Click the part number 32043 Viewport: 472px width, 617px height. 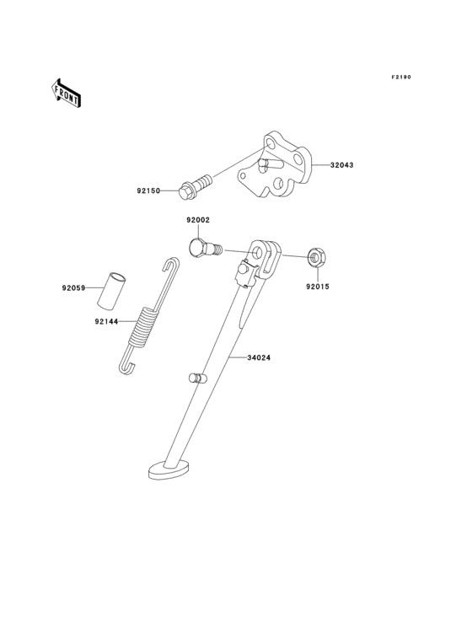pyautogui.click(x=341, y=165)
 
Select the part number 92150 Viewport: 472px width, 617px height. pyautogui.click(x=148, y=190)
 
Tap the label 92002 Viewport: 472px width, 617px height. pyautogui.click(x=198, y=220)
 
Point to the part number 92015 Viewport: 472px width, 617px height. pyautogui.click(x=318, y=287)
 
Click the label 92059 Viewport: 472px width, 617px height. pyautogui.click(x=73, y=288)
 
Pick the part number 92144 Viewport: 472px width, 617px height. pyautogui.click(x=106, y=321)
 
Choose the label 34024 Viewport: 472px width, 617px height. pyautogui.click(x=259, y=358)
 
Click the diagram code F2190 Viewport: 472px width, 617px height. pyautogui.click(x=401, y=78)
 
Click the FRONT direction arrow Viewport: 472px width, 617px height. pyautogui.click(x=66, y=93)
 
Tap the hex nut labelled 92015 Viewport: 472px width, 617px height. pyautogui.click(x=316, y=257)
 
